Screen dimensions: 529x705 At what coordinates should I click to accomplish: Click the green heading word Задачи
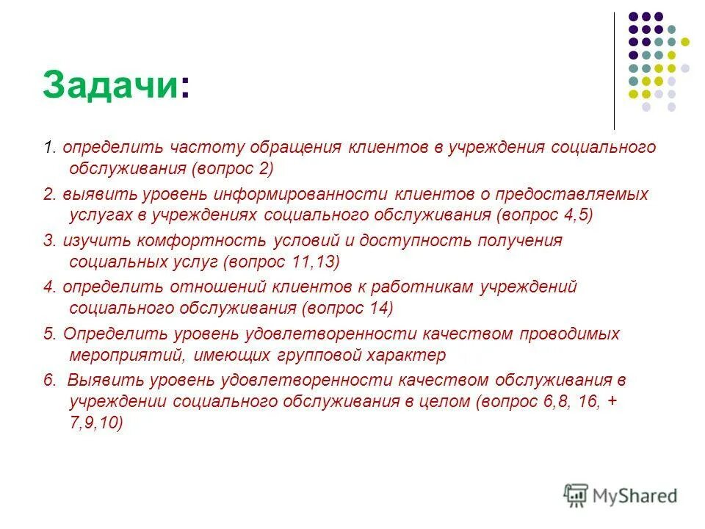(109, 86)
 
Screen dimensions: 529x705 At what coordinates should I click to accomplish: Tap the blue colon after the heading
(184, 88)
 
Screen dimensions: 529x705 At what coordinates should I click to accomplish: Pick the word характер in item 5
(410, 355)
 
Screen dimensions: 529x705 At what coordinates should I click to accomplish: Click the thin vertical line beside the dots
(614, 71)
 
